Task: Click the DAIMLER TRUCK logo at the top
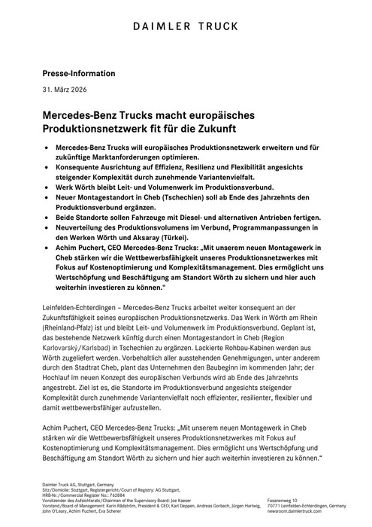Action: pos(186,26)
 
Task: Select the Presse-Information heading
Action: pos(78,74)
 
